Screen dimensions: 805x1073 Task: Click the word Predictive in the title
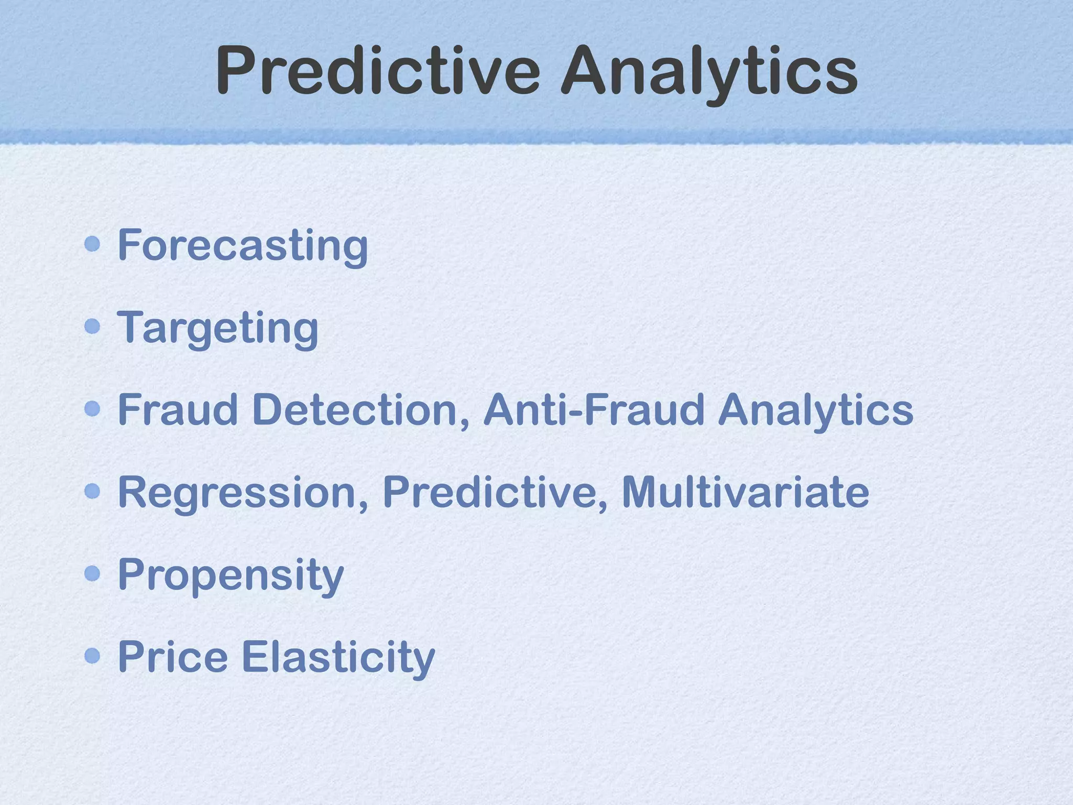(x=377, y=71)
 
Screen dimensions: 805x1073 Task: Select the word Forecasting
(x=243, y=245)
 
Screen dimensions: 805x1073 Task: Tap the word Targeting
(x=217, y=328)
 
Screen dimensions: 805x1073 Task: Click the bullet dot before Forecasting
(x=92, y=244)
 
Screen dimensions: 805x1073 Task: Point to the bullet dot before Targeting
(x=92, y=327)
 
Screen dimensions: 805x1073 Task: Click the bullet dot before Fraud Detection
(x=92, y=409)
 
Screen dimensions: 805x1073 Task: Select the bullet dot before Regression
(x=92, y=491)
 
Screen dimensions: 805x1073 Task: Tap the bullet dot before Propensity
(x=92, y=573)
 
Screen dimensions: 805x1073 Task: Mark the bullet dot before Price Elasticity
(x=92, y=656)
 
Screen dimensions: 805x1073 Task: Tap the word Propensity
(x=231, y=575)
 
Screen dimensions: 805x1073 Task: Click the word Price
(x=173, y=657)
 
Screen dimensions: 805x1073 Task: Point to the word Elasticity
(x=338, y=657)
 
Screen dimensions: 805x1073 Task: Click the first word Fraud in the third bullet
(x=178, y=409)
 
